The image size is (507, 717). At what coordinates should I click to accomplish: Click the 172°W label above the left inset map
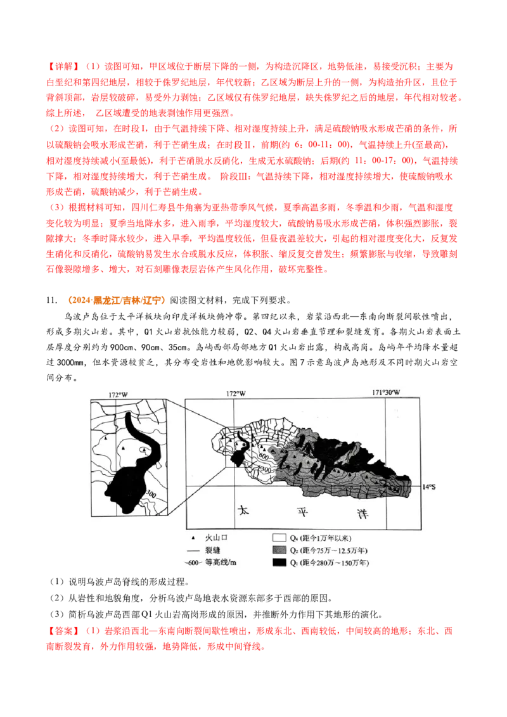118,395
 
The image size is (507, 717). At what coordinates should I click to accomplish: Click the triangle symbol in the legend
191,536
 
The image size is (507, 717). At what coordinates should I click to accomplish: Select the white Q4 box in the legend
278,536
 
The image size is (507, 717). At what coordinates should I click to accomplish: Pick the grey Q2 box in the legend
278,549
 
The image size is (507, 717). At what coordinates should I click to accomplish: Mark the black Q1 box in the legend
278,562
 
